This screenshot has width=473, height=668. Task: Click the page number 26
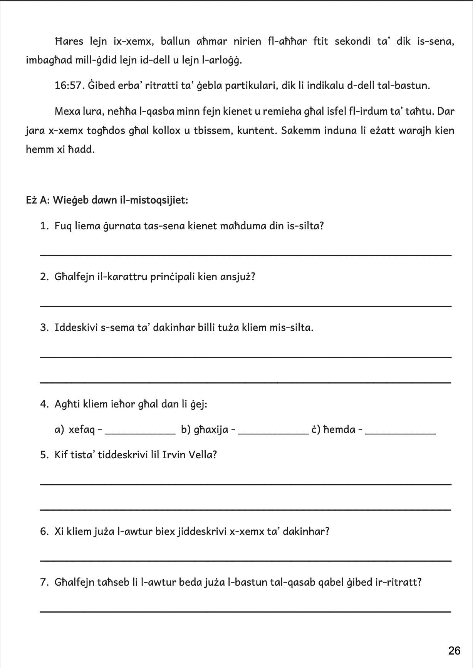(455, 650)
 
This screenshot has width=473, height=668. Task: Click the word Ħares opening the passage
(69, 41)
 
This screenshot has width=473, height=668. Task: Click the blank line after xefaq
(140, 433)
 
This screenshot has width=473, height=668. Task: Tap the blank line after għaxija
(273, 433)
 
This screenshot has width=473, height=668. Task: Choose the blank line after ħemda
(400, 433)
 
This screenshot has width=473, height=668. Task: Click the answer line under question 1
(245, 255)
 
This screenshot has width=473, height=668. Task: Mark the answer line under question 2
(245, 306)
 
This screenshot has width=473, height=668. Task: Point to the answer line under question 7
(245, 611)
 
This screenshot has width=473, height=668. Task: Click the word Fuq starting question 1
(63, 226)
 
